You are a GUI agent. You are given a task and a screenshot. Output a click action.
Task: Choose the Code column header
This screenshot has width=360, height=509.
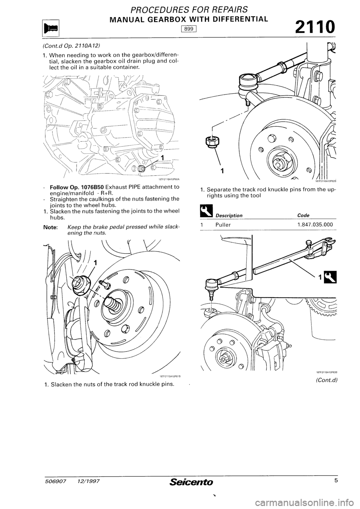(x=303, y=215)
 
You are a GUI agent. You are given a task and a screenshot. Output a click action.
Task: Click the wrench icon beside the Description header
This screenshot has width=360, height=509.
(x=204, y=214)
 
